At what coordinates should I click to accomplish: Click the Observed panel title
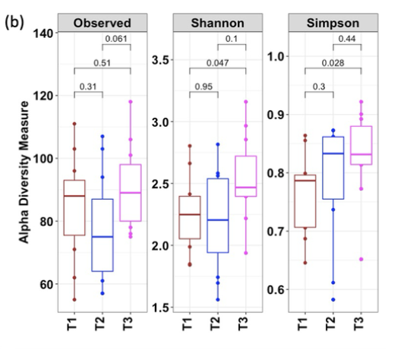point(102,23)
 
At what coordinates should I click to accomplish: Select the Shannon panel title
point(219,23)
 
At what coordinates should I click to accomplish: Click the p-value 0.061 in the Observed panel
point(116,39)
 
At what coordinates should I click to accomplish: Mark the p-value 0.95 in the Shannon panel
point(204,86)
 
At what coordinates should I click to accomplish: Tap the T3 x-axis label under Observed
point(131,329)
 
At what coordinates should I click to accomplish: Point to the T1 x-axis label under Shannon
point(190,329)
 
